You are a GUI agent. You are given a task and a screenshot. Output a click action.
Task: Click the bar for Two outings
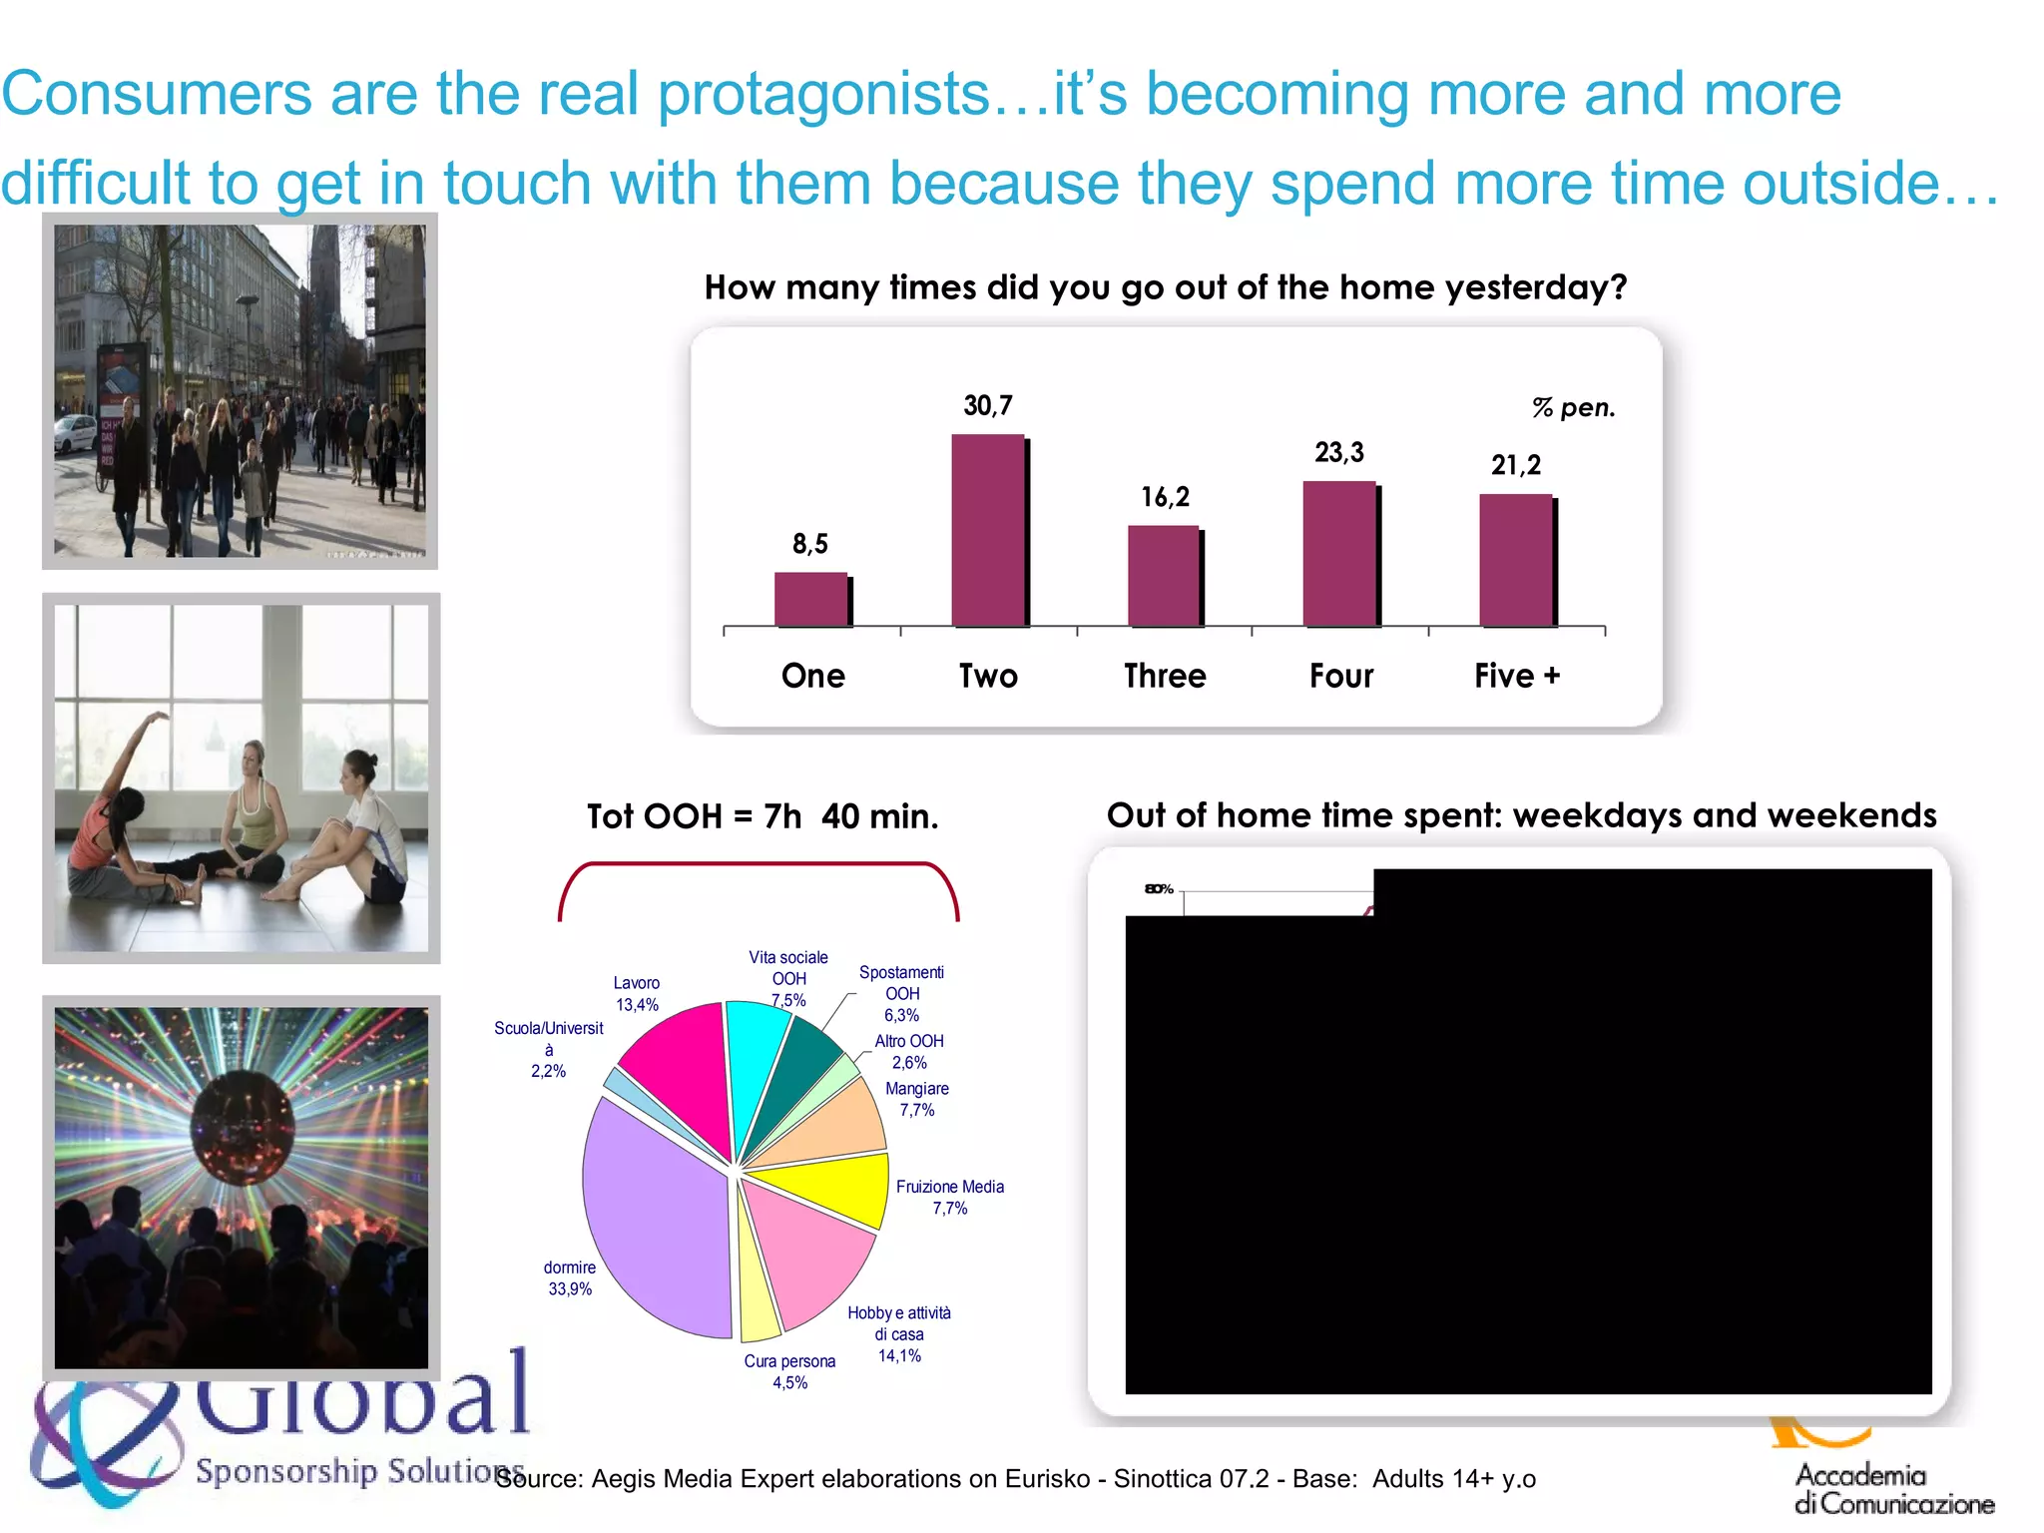click(x=988, y=530)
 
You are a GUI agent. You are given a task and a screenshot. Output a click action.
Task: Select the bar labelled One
click(x=811, y=599)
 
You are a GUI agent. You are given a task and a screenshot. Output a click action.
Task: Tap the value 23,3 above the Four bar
click(x=1338, y=453)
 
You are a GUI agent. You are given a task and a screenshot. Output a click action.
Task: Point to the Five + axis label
click(x=1516, y=676)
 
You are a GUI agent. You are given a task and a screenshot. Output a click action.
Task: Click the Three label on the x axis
click(x=1165, y=676)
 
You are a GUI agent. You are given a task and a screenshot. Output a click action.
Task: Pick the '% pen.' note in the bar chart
click(x=1573, y=408)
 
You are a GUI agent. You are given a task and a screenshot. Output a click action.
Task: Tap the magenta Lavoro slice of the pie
click(x=679, y=1068)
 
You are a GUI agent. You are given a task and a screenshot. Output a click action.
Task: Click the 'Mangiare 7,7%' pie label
click(x=916, y=1099)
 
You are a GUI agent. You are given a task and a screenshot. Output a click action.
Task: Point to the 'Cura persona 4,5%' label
click(x=789, y=1371)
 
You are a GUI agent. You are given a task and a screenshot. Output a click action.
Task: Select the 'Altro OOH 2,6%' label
click(x=908, y=1051)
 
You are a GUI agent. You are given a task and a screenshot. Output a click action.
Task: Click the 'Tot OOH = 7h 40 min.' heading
click(x=763, y=816)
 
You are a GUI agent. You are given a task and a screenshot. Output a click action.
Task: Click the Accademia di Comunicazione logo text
click(x=1893, y=1488)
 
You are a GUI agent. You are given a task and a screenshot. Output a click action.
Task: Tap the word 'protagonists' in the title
click(x=823, y=95)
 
